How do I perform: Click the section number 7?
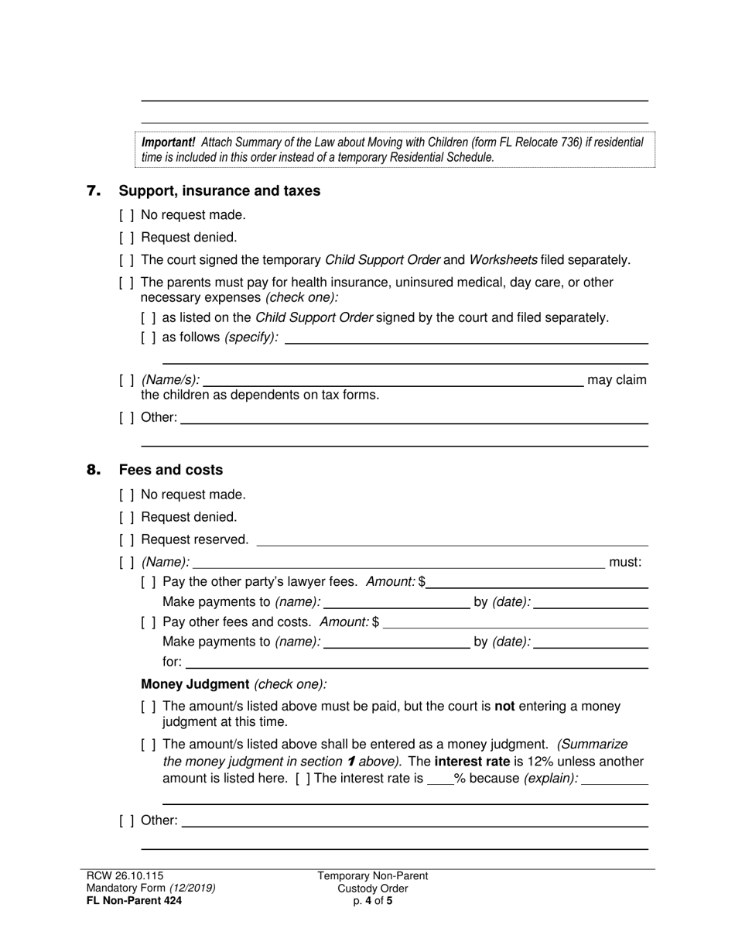click(x=94, y=190)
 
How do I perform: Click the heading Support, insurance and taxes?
click(x=219, y=190)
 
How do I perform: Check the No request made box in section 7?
click(x=127, y=215)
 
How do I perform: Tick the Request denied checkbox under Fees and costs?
click(x=127, y=517)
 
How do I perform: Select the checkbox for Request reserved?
click(x=127, y=539)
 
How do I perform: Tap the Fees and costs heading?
click(x=170, y=470)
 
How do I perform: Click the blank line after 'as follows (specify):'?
click(x=466, y=338)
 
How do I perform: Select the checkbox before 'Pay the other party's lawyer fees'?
click(x=149, y=582)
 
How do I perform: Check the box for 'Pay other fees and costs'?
click(x=149, y=622)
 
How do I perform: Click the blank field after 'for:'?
click(x=416, y=663)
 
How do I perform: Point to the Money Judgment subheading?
click(x=195, y=684)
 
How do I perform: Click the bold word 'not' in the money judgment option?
click(x=504, y=707)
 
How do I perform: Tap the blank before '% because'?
click(x=439, y=779)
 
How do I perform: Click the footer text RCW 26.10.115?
click(x=125, y=875)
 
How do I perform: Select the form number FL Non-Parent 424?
click(x=135, y=900)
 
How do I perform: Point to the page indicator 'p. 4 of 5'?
click(x=372, y=900)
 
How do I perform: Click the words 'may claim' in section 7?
click(x=617, y=379)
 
